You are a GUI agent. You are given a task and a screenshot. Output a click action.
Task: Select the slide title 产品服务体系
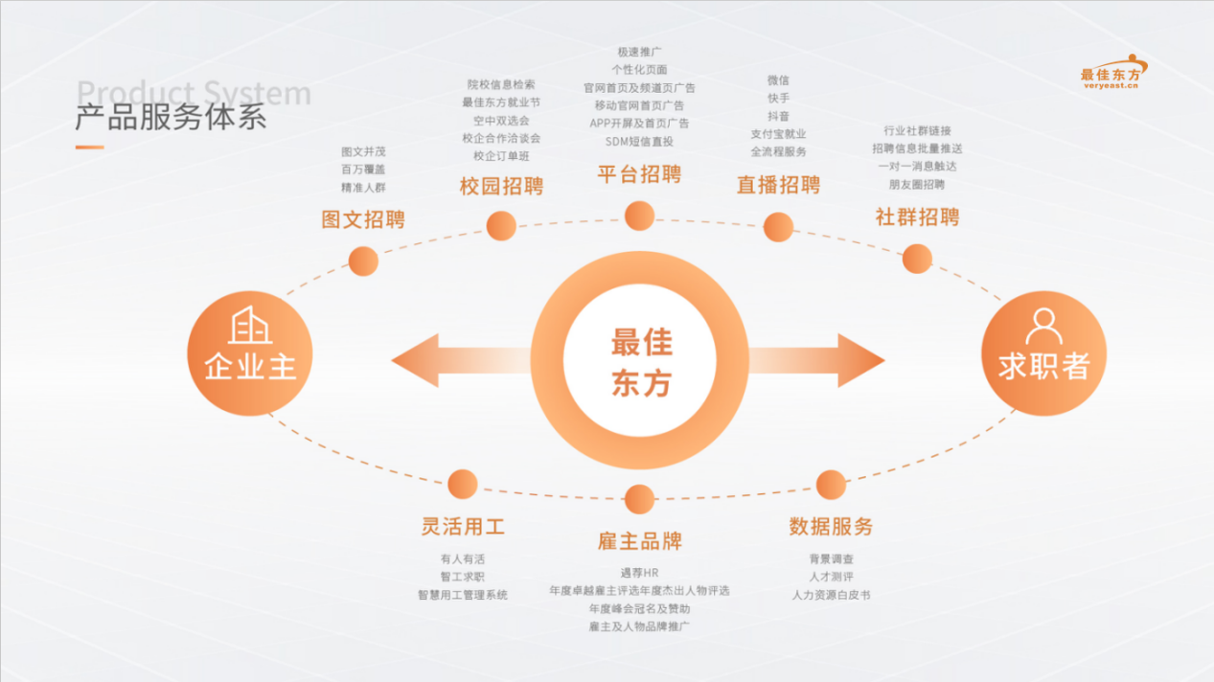tap(171, 118)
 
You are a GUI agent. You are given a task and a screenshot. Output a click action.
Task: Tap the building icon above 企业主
tap(250, 326)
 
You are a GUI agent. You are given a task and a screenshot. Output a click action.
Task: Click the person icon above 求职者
tap(1043, 326)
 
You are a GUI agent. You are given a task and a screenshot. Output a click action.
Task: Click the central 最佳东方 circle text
tap(641, 362)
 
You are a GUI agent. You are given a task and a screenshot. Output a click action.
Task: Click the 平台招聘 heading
tap(639, 174)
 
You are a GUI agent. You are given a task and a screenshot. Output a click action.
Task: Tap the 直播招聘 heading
tap(778, 185)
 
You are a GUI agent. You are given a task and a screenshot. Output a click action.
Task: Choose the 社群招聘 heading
tap(917, 217)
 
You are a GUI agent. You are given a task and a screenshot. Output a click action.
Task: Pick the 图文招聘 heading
tap(363, 219)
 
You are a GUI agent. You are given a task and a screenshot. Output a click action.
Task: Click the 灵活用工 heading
tap(463, 526)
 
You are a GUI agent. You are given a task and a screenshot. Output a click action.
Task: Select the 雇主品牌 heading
tap(639, 541)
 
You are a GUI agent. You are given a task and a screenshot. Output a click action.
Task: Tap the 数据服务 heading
tap(831, 526)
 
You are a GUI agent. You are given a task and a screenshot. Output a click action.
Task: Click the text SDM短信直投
tap(639, 142)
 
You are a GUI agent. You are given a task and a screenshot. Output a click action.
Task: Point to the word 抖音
tap(778, 116)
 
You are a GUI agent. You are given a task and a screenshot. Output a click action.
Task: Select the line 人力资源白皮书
tap(831, 595)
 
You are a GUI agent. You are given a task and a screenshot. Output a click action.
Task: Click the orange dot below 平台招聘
tap(639, 216)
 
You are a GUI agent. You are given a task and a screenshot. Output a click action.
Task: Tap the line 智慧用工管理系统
tap(463, 595)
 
